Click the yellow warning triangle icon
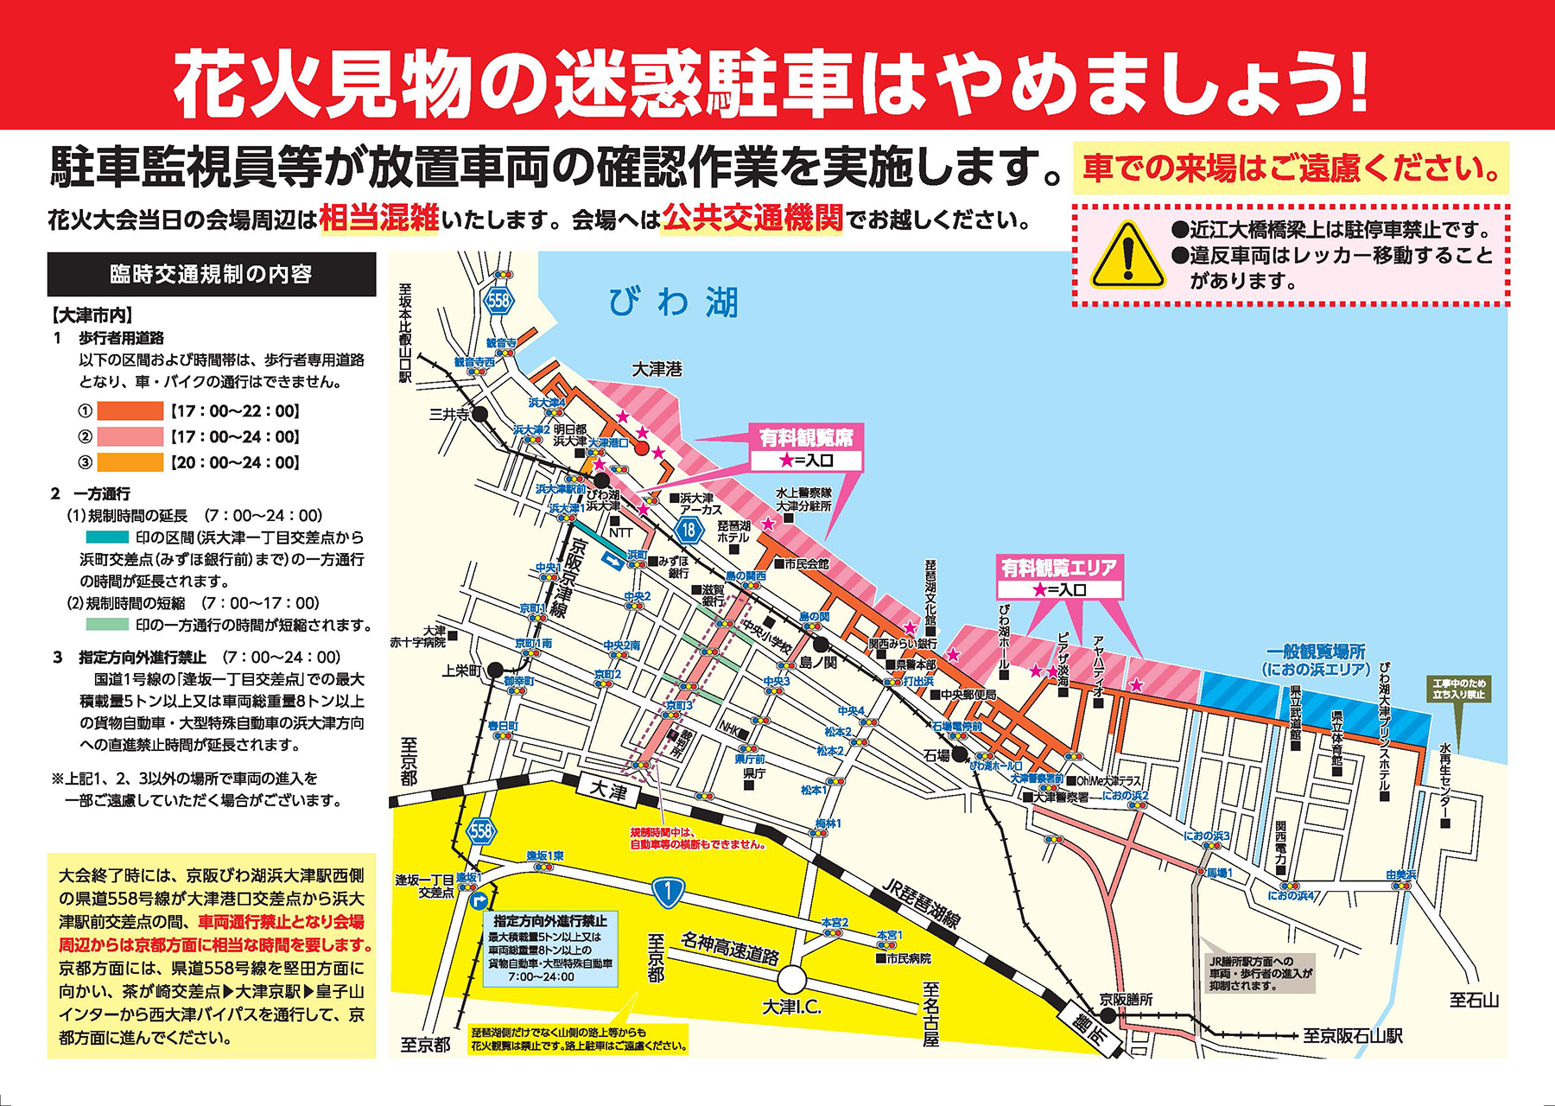point(1127,255)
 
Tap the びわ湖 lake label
point(673,302)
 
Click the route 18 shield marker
point(689,530)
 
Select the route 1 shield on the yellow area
point(668,892)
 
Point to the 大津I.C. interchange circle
point(791,981)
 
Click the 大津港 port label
point(657,370)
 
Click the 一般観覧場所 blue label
point(1316,660)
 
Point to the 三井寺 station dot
point(480,415)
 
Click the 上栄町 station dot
point(495,670)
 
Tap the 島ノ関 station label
point(819,663)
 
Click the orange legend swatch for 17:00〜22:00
point(130,411)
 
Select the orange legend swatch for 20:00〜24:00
point(130,463)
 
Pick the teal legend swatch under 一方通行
point(107,537)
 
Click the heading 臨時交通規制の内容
point(212,275)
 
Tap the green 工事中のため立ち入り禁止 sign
point(1459,689)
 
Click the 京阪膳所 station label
point(1126,1000)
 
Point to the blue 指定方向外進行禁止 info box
point(550,949)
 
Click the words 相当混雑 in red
point(379,219)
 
